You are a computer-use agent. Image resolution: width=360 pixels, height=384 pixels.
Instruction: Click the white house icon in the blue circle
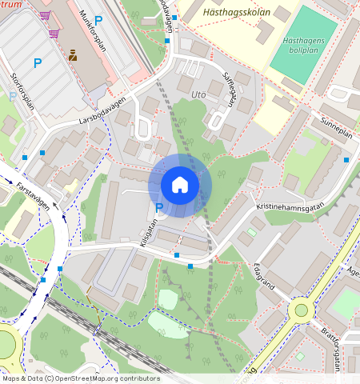(180, 185)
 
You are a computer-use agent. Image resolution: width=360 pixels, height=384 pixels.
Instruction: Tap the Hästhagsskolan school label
(242, 13)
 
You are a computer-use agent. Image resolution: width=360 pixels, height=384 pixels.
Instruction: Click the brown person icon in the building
(73, 55)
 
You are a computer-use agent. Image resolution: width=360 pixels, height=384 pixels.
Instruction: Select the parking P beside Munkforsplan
(98, 20)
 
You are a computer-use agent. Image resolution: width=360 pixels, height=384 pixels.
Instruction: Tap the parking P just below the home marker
(158, 209)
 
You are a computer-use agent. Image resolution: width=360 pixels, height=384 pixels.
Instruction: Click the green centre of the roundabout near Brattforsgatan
(301, 310)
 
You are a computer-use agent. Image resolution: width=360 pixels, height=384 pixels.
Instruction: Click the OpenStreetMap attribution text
(80, 378)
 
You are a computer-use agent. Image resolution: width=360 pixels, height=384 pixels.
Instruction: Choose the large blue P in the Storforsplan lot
(37, 62)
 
